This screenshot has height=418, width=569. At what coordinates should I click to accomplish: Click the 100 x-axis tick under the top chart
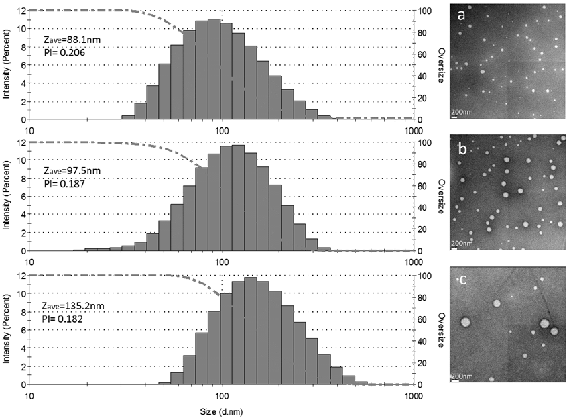coord(221,130)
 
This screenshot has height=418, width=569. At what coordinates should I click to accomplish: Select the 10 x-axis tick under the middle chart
coord(29,262)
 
